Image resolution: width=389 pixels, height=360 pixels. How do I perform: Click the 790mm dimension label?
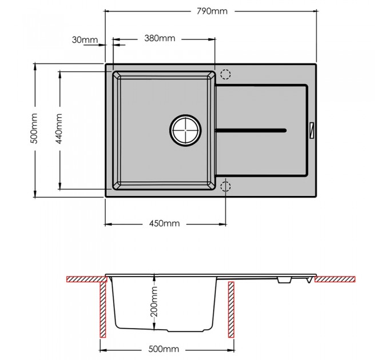coord(212,11)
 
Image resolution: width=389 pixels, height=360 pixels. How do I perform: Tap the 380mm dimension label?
coord(160,38)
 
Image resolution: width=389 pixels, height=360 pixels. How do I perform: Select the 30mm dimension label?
coord(85,39)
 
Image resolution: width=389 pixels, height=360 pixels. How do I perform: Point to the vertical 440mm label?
coord(59,129)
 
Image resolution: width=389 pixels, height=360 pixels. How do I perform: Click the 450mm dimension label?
coord(164,223)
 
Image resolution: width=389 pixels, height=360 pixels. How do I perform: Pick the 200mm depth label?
coord(154,301)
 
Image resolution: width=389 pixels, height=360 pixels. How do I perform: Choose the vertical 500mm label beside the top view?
coord(34,129)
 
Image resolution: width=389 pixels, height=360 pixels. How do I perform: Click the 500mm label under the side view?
coord(164,349)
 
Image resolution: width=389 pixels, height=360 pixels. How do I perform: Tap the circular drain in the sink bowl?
coord(185,130)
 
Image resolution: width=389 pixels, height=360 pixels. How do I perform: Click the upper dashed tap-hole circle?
coord(225,74)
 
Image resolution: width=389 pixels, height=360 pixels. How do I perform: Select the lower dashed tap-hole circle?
coord(225,186)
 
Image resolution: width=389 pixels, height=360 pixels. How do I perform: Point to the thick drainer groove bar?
coord(251,130)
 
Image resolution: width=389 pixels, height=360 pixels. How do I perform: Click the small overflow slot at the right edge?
coord(311,130)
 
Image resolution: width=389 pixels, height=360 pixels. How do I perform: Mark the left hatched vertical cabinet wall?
coord(103,310)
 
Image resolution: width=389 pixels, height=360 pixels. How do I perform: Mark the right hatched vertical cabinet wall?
coord(231,310)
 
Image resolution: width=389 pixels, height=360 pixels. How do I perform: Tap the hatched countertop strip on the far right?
coord(335,279)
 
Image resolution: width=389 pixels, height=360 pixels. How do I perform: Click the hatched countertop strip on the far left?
coord(86,279)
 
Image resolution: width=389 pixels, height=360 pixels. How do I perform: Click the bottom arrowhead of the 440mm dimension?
coord(60,186)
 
